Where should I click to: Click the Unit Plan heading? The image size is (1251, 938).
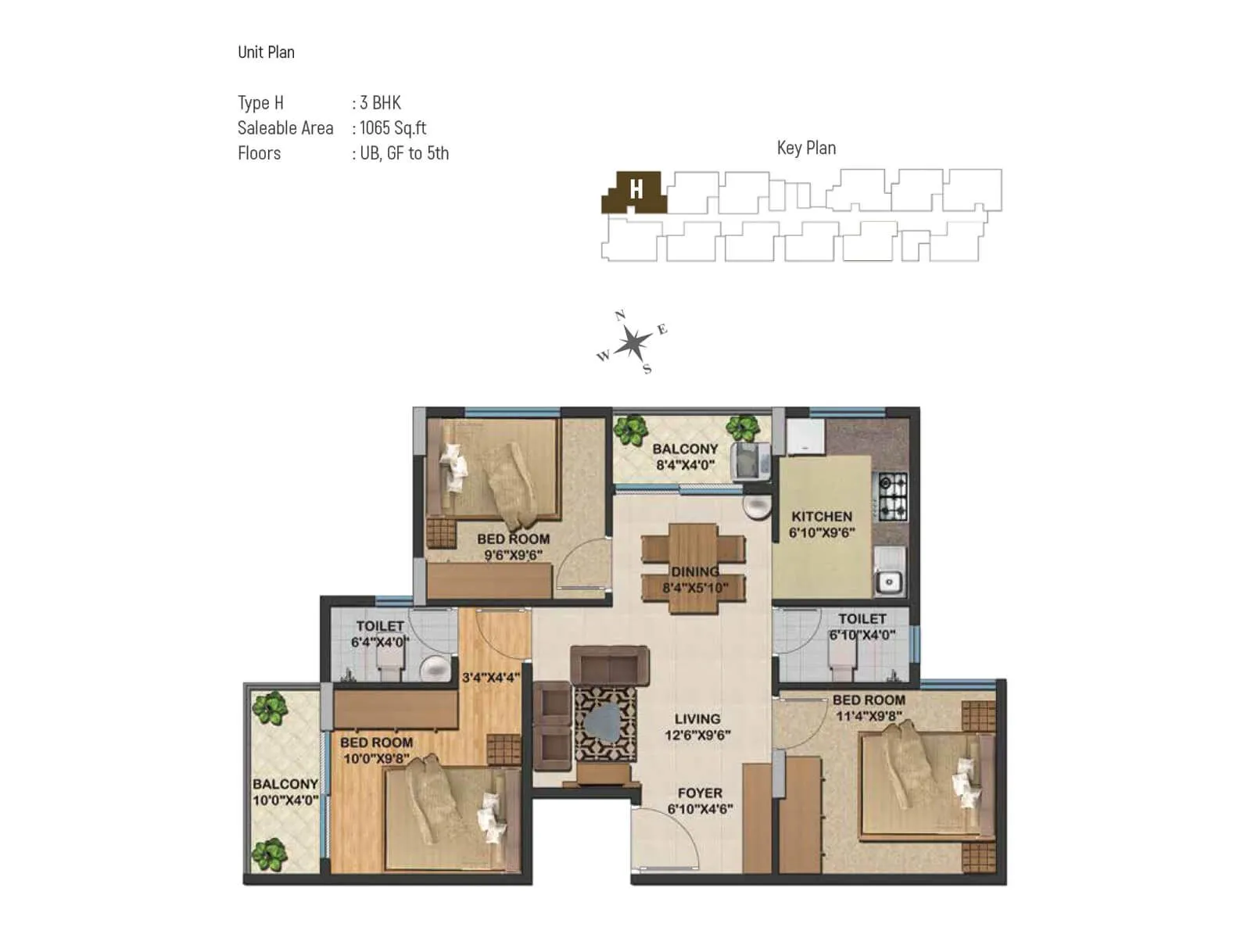pyautogui.click(x=266, y=52)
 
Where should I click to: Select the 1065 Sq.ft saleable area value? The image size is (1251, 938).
pyautogui.click(x=393, y=128)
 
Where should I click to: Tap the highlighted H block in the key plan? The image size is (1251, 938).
pyautogui.click(x=636, y=190)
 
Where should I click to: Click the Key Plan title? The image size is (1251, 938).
pyautogui.click(x=806, y=148)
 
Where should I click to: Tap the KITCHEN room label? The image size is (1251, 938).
pyautogui.click(x=821, y=517)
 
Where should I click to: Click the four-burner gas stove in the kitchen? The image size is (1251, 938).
pyautogui.click(x=893, y=496)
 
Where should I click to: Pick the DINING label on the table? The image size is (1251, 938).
pyautogui.click(x=694, y=571)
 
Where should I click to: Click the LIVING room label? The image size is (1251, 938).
pyautogui.click(x=697, y=719)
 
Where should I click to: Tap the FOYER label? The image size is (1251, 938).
pyautogui.click(x=700, y=793)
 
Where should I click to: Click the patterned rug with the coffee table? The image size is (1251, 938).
pyautogui.click(x=605, y=723)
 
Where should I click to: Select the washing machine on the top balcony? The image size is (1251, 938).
pyautogui.click(x=750, y=461)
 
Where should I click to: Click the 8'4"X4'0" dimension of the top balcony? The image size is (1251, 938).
pyautogui.click(x=685, y=465)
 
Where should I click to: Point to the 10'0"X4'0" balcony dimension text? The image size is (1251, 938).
pyautogui.click(x=285, y=800)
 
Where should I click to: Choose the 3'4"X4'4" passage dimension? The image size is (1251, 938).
pyautogui.click(x=491, y=678)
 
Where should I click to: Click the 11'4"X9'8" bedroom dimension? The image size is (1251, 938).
pyautogui.click(x=869, y=716)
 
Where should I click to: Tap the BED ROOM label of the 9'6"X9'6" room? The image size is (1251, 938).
pyautogui.click(x=513, y=539)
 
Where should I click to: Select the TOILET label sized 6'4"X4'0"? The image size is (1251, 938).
pyautogui.click(x=380, y=626)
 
